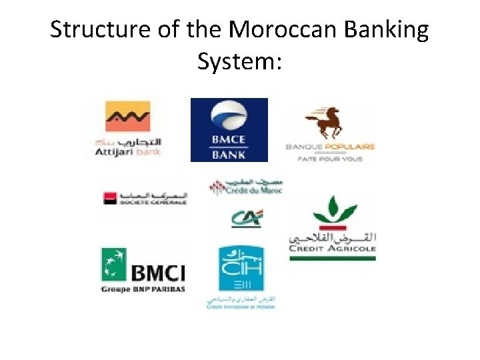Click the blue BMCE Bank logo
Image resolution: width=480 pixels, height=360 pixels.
(229, 129)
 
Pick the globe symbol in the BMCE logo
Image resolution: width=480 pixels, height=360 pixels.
(229, 115)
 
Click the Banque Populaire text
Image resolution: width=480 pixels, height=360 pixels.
(330, 147)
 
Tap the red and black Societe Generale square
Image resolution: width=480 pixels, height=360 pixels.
(109, 198)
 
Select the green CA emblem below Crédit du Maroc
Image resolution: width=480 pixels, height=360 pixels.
(247, 219)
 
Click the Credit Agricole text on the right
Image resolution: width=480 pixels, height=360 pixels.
(332, 248)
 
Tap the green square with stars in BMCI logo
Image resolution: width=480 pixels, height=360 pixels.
(114, 264)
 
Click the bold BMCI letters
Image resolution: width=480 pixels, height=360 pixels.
(157, 272)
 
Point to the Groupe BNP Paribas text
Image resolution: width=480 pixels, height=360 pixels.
(143, 289)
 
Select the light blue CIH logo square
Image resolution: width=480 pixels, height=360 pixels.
(241, 268)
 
